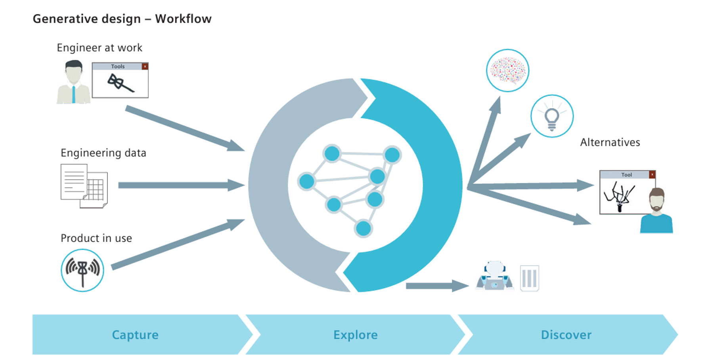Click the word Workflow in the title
tap(183, 19)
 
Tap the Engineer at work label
tap(99, 48)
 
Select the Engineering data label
tap(103, 153)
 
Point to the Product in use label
tap(96, 238)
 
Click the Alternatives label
tap(610, 142)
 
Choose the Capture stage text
tap(135, 335)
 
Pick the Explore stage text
tap(356, 335)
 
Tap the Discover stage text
tap(566, 335)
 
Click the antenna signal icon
tap(82, 270)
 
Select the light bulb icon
tap(552, 116)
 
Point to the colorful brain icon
tap(507, 71)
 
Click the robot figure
tap(494, 276)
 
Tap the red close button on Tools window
tap(145, 66)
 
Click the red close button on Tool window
tap(652, 174)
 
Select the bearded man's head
tap(657, 200)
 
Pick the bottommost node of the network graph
tap(363, 228)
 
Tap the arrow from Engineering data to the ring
tap(182, 185)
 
